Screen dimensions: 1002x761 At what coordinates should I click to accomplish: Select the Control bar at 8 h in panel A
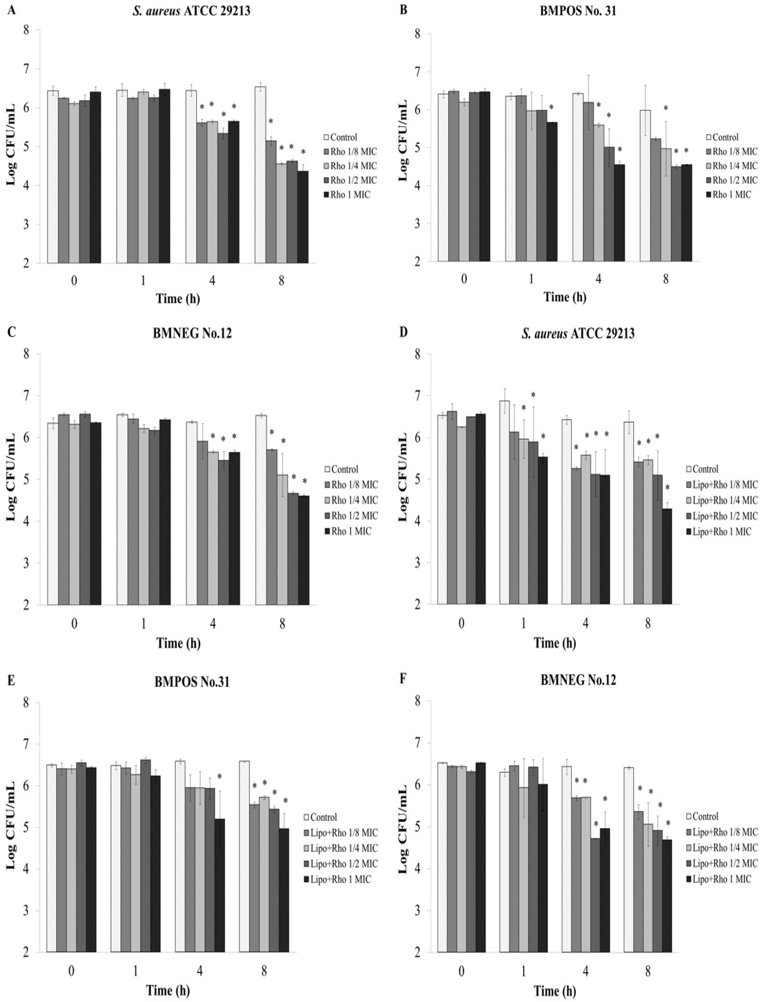point(260,175)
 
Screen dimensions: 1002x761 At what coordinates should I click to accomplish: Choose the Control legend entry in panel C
point(344,470)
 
